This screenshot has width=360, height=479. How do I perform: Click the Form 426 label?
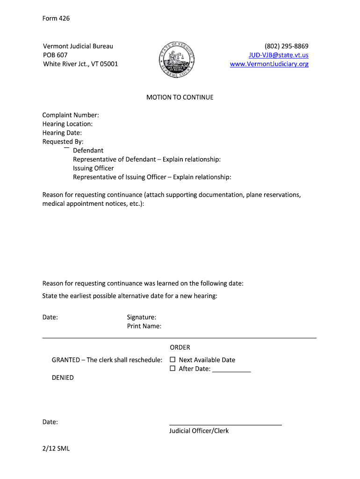click(x=56, y=18)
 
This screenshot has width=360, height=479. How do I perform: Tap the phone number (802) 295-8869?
click(x=286, y=46)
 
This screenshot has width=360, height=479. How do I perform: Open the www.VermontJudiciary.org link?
click(x=269, y=64)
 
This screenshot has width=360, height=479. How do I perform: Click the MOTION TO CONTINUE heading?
click(x=180, y=97)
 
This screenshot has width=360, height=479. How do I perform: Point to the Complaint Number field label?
click(x=70, y=115)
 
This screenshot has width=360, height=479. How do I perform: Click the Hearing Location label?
click(x=67, y=124)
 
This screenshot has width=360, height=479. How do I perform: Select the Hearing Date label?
click(x=62, y=133)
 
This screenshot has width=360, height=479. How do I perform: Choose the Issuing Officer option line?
click(x=93, y=168)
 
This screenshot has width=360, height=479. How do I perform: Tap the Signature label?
click(x=141, y=317)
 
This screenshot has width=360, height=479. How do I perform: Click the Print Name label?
click(x=144, y=326)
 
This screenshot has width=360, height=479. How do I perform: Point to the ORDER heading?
click(x=180, y=348)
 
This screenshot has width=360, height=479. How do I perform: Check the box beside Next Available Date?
click(x=172, y=360)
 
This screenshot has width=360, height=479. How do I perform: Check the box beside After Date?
click(x=172, y=369)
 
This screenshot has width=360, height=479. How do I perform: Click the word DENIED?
click(x=63, y=377)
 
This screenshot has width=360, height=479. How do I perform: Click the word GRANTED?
click(x=65, y=360)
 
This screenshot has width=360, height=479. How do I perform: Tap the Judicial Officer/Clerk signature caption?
click(x=199, y=431)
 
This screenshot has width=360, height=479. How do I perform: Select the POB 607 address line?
click(x=55, y=55)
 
